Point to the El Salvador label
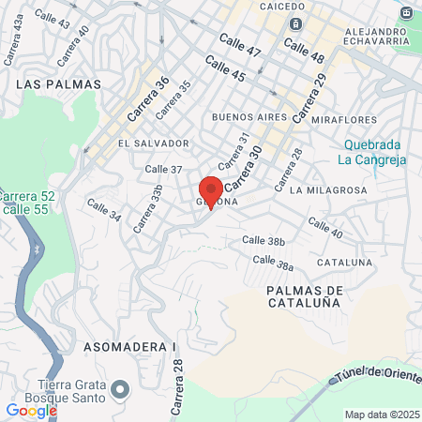[154, 143]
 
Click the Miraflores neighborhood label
[344, 120]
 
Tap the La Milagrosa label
[328, 189]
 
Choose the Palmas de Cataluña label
[304, 297]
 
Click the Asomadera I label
[129, 347]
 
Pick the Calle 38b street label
[264, 241]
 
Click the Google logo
[31, 411]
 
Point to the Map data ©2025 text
[381, 414]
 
